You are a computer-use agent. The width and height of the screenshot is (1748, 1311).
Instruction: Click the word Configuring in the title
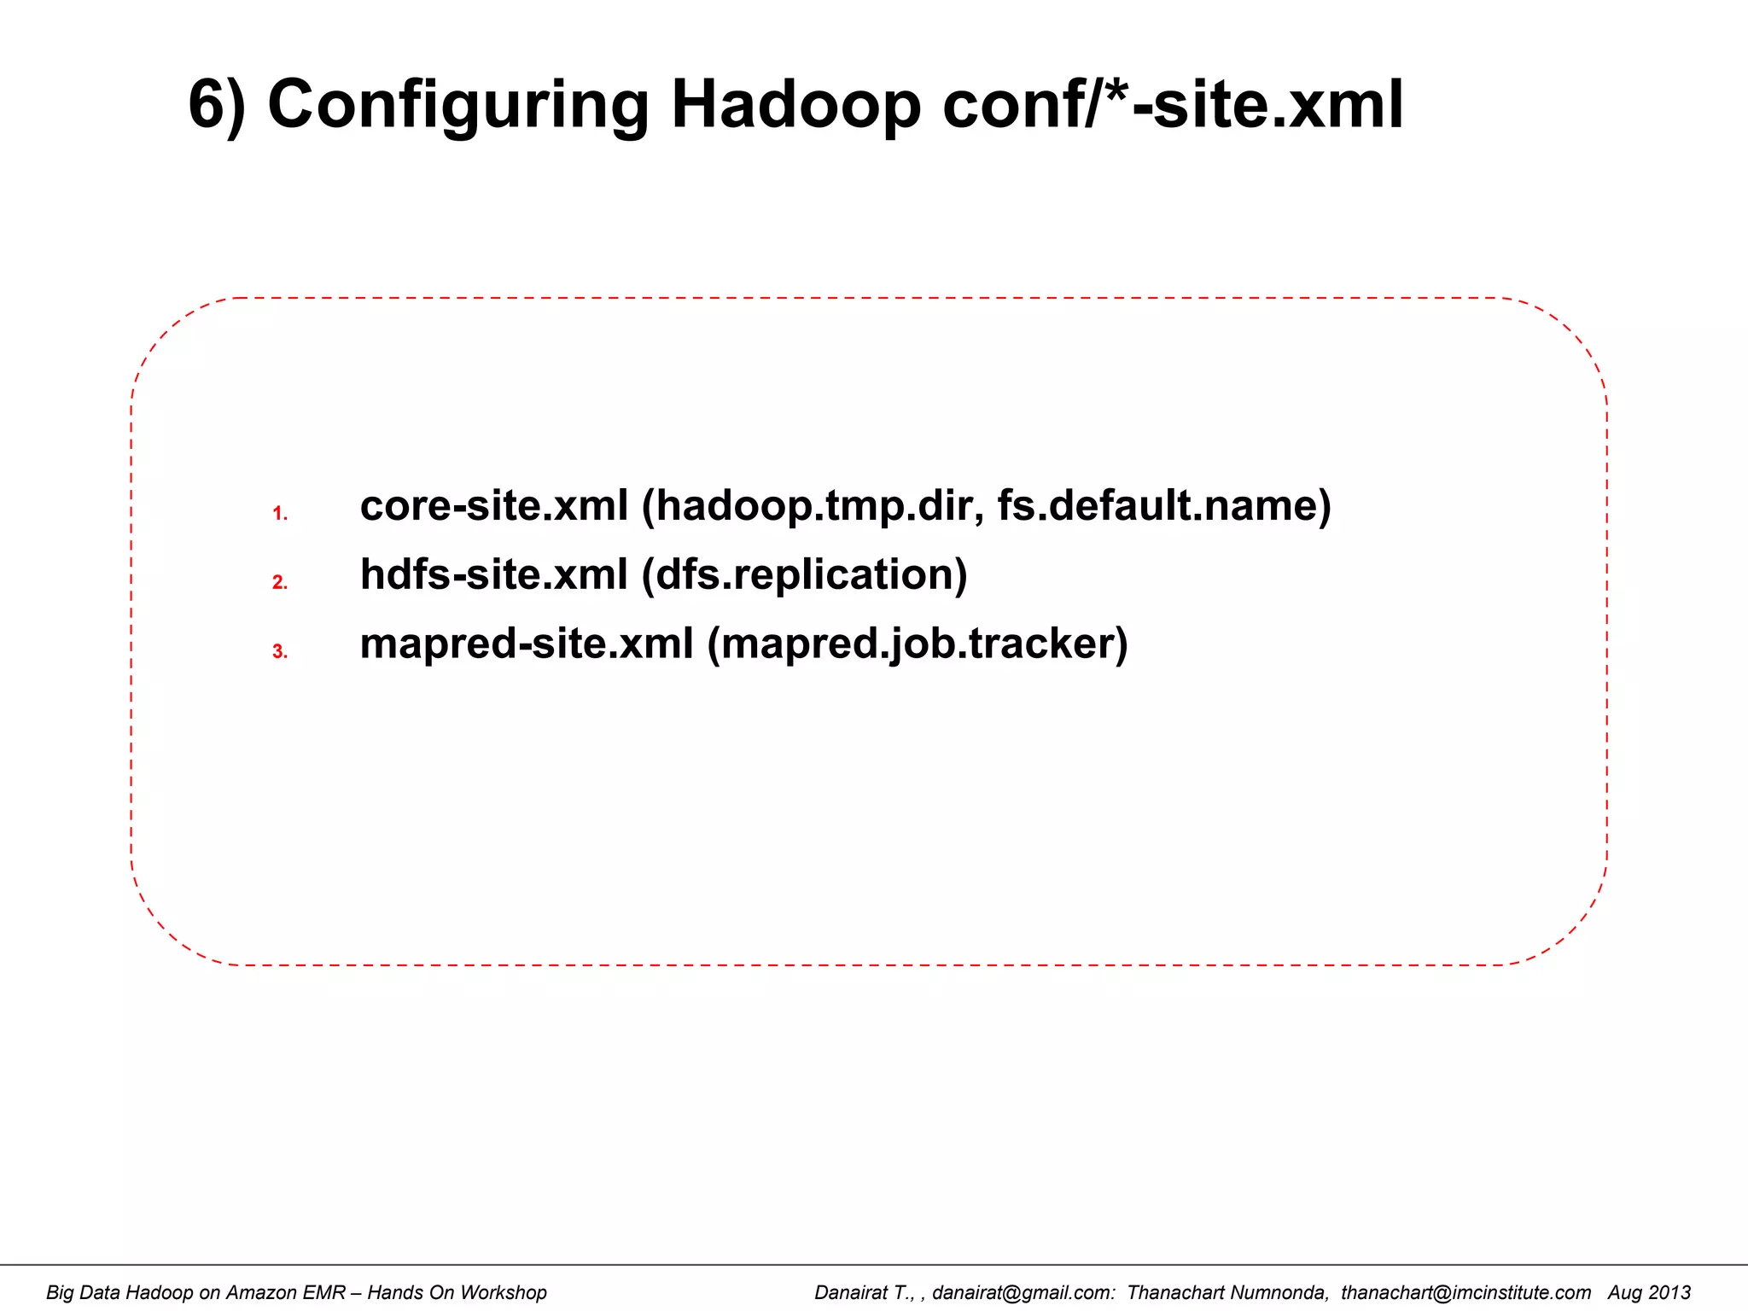(x=457, y=106)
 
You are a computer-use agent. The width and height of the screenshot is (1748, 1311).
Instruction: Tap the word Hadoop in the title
(x=795, y=106)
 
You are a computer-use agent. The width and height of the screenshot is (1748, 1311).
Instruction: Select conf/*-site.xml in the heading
(x=1173, y=106)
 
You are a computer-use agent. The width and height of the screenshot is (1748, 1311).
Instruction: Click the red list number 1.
(x=279, y=514)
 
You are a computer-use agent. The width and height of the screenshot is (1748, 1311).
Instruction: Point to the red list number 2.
(x=279, y=583)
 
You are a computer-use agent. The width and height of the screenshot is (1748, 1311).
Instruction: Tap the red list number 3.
(x=279, y=652)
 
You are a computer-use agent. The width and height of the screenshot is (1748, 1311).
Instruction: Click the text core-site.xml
(x=493, y=506)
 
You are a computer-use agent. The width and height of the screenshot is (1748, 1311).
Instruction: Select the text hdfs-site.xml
(x=493, y=574)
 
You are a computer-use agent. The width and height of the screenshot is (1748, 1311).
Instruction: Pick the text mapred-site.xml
(x=527, y=644)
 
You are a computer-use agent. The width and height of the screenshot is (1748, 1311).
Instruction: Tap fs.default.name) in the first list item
(x=1164, y=506)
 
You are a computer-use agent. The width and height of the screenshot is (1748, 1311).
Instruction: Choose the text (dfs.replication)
(x=804, y=574)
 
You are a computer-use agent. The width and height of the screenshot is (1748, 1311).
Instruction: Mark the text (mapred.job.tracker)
(x=918, y=644)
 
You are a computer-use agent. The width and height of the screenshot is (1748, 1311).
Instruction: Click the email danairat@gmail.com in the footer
(x=1023, y=1292)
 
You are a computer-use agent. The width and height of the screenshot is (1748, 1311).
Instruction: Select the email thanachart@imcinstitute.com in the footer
(x=1465, y=1292)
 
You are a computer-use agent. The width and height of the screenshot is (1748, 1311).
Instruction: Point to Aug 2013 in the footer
(x=1649, y=1292)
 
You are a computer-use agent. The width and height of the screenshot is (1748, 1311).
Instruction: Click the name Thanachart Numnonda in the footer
(x=1227, y=1292)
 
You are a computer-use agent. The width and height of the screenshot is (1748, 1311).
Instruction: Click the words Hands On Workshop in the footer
(x=457, y=1292)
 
